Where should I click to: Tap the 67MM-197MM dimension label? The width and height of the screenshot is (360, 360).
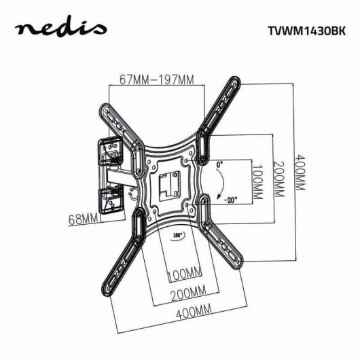(x=156, y=79)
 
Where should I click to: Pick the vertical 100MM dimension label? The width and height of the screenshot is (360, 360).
(x=257, y=181)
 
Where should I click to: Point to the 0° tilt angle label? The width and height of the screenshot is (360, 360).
(x=219, y=164)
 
